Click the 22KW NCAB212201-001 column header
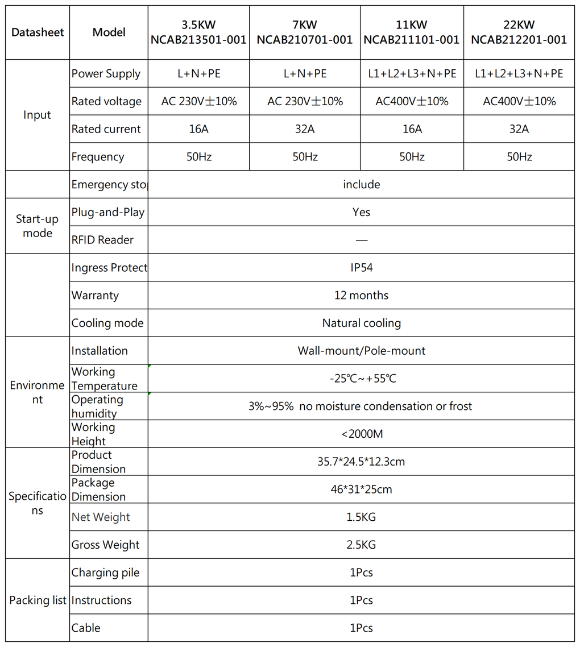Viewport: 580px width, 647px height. (x=519, y=32)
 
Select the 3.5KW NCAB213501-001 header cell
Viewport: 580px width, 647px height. (x=198, y=32)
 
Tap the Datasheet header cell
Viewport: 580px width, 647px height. (x=38, y=32)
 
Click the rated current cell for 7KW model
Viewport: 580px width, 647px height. (x=304, y=129)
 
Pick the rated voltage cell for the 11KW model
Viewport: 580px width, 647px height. (x=412, y=101)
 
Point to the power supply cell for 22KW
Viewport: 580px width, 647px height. (x=519, y=73)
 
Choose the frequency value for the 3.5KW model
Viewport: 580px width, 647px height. (x=198, y=157)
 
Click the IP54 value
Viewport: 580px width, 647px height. (x=361, y=267)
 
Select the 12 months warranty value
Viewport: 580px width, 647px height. (x=361, y=295)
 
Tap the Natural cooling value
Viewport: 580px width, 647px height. (x=361, y=323)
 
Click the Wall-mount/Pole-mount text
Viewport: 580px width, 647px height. (x=361, y=351)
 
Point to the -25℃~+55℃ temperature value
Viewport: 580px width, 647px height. (x=362, y=379)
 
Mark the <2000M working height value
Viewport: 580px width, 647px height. (x=362, y=434)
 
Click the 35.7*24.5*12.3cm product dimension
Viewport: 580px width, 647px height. (x=361, y=462)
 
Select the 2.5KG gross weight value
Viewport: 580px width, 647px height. (x=361, y=545)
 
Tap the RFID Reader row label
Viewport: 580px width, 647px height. (x=102, y=240)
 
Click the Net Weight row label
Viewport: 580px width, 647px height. (x=101, y=517)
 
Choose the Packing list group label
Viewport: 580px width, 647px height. (x=38, y=600)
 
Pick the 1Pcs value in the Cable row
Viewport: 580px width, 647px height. (x=361, y=628)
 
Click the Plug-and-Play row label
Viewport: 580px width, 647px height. (x=107, y=212)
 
